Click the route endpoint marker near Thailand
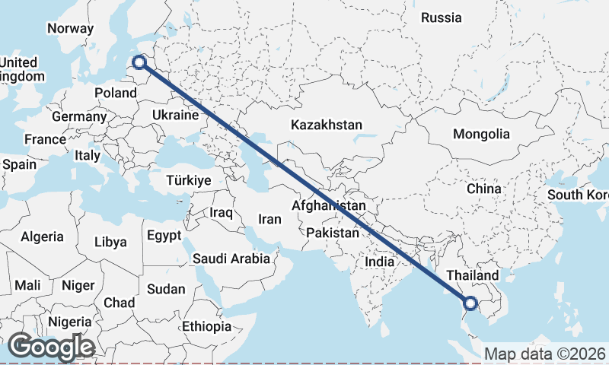click(x=470, y=304)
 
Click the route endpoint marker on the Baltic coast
click(x=140, y=62)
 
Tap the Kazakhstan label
click(x=327, y=125)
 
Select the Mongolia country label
click(x=481, y=134)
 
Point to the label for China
click(x=484, y=188)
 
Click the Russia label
click(x=442, y=17)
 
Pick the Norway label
click(x=70, y=29)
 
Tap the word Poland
click(x=115, y=93)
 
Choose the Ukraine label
click(x=175, y=115)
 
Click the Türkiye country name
click(x=189, y=181)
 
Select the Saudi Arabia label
click(x=231, y=259)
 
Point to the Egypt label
click(x=164, y=235)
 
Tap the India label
click(x=379, y=262)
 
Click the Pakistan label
click(x=333, y=233)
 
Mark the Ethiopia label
click(x=206, y=326)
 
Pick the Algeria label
click(x=42, y=237)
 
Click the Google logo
click(x=52, y=347)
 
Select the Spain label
click(x=19, y=163)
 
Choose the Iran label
click(x=269, y=219)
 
